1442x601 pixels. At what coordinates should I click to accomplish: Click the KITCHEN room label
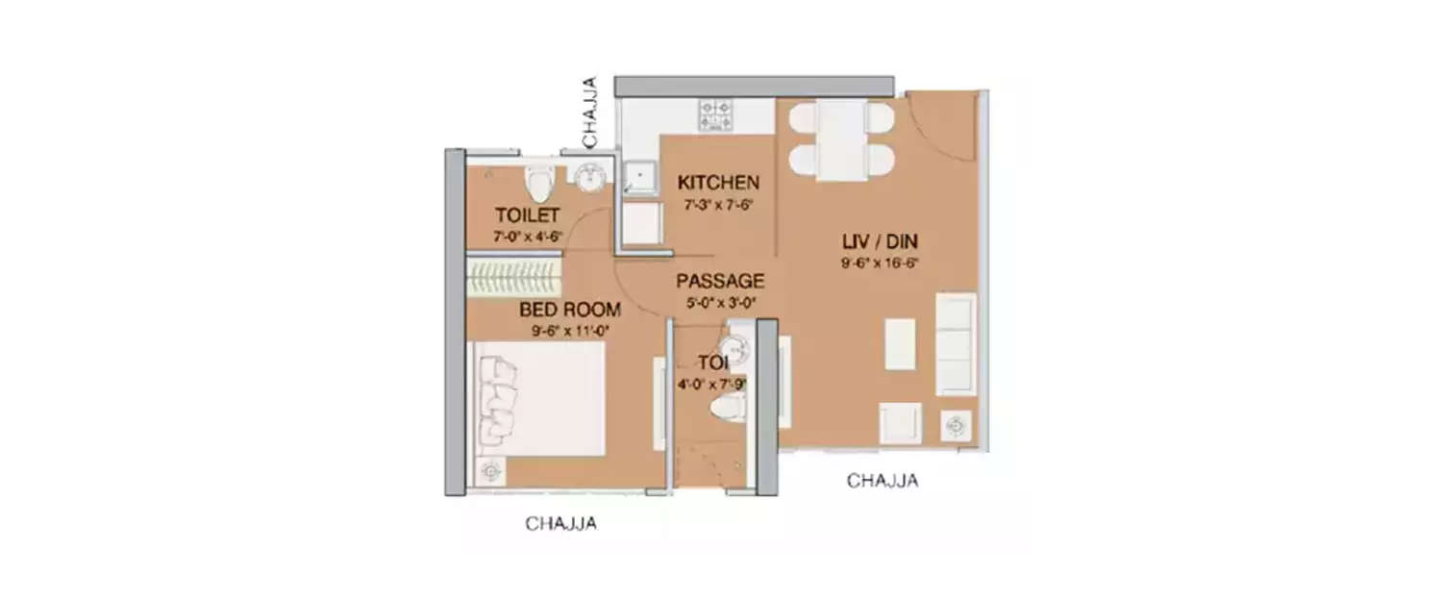[x=718, y=183]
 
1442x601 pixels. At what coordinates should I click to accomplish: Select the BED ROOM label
[x=569, y=310]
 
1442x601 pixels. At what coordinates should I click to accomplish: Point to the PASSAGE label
[x=720, y=281]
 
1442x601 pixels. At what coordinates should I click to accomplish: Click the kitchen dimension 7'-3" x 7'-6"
[x=718, y=205]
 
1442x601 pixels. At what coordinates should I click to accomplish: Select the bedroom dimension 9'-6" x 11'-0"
[x=569, y=331]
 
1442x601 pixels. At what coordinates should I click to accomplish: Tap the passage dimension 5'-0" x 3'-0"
[x=720, y=302]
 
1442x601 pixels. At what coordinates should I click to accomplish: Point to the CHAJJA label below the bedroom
[x=561, y=524]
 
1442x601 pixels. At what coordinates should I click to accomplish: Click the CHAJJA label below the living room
[x=882, y=481]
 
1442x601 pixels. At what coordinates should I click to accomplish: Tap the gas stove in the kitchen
[x=715, y=114]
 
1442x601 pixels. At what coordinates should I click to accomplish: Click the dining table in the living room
[x=841, y=140]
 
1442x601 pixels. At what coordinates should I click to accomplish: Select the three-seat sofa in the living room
[x=956, y=344]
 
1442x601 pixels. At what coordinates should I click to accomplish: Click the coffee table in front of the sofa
[x=900, y=343]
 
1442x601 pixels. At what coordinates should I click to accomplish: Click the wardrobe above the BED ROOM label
[x=513, y=277]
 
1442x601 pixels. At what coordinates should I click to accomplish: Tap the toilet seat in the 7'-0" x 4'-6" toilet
[x=538, y=181]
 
